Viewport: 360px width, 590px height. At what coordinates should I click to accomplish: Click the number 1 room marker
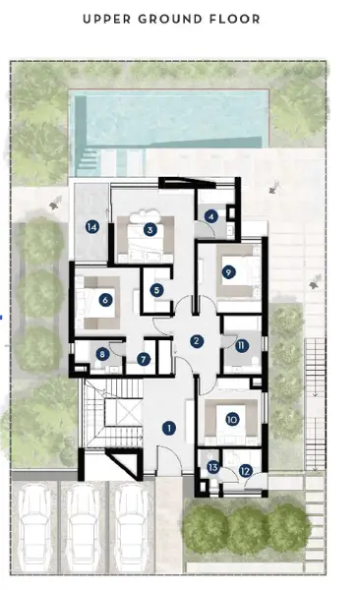click(x=169, y=428)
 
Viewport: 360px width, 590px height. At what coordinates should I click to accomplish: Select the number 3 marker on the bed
click(x=150, y=229)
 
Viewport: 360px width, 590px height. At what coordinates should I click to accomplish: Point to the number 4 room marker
click(x=211, y=216)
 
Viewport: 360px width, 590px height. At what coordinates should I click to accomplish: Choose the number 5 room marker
click(x=157, y=289)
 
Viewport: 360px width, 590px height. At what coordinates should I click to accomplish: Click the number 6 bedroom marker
click(x=104, y=300)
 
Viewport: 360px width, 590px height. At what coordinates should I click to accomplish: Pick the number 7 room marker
click(x=144, y=359)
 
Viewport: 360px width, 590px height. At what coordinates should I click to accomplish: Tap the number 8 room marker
click(x=102, y=355)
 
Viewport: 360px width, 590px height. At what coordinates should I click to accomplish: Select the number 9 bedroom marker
click(x=228, y=272)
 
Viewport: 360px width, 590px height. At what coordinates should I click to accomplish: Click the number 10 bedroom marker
click(x=232, y=418)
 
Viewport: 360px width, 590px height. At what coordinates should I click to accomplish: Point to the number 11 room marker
click(x=241, y=345)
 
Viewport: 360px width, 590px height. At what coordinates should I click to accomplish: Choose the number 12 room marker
click(x=245, y=472)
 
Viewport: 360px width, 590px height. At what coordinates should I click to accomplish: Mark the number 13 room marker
click(x=213, y=467)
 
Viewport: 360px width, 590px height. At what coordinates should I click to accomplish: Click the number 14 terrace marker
click(x=91, y=227)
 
